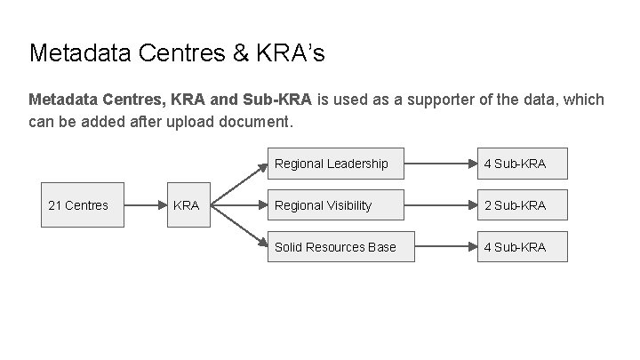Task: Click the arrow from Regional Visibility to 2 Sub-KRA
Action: [x=445, y=205]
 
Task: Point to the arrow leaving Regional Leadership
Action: [x=445, y=164]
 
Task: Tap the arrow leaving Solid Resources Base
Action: [x=445, y=246]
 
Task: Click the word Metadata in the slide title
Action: [x=81, y=53]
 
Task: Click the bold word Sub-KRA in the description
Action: [x=276, y=100]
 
